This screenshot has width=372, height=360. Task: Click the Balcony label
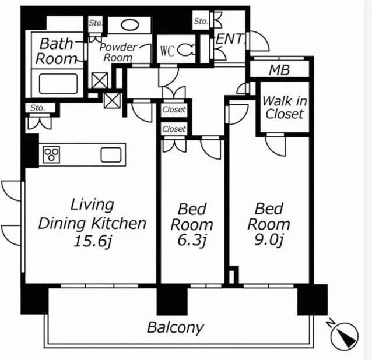tap(176, 327)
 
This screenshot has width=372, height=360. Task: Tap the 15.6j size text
tap(93, 242)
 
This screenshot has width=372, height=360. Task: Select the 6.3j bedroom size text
tap(192, 241)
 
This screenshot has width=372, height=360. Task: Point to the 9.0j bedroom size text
tap(269, 240)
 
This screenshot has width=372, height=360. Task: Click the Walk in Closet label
tap(285, 107)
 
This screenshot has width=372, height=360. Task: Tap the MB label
tap(279, 70)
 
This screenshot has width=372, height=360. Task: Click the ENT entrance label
tap(230, 39)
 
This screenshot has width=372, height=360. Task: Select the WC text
tap(167, 51)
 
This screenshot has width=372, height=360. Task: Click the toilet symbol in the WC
tap(187, 50)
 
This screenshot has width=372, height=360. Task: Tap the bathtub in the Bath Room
tap(58, 84)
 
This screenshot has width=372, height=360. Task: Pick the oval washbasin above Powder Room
tap(130, 24)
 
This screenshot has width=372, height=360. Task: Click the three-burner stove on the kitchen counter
tap(51, 154)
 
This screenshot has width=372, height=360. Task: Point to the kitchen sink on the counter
tap(111, 155)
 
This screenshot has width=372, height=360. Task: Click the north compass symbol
tap(345, 336)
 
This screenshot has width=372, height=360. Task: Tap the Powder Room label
tap(118, 52)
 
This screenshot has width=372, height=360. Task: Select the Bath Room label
tap(57, 51)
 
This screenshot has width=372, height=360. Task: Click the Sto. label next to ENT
tap(201, 22)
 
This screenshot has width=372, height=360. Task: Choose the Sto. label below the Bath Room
tap(37, 108)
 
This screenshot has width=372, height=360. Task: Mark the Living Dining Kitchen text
tap(92, 214)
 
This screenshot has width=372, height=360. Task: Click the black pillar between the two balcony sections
tap(172, 299)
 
